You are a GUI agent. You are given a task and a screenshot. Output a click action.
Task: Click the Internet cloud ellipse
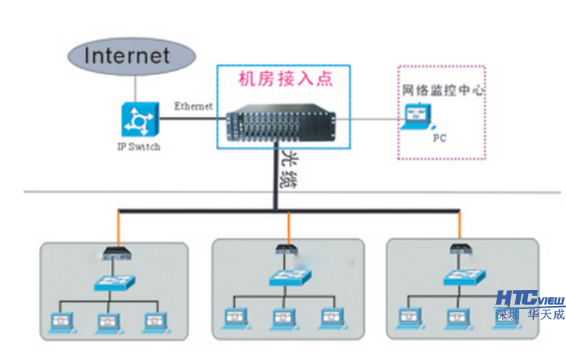[131, 56]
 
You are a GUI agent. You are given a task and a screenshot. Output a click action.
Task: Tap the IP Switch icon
[139, 120]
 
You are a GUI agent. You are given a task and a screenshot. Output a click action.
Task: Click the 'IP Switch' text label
[139, 146]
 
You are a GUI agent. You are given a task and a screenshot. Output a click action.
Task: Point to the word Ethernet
[193, 106]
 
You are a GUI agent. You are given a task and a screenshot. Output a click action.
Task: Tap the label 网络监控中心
[443, 91]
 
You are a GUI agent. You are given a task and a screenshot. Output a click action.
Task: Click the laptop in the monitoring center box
[417, 117]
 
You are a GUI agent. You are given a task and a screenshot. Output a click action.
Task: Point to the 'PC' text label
[439, 137]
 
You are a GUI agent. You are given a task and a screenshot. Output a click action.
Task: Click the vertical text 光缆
[290, 169]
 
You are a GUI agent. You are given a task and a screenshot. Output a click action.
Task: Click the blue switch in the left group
[115, 283]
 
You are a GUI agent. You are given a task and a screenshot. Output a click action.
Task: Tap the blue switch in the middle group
[288, 278]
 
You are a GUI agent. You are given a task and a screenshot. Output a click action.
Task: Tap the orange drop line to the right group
[460, 227]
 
